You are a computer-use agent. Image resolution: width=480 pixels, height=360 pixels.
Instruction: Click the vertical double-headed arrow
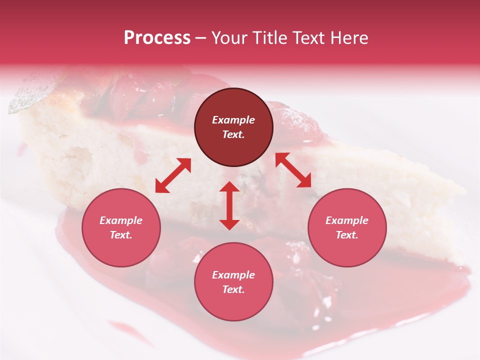[x=229, y=205]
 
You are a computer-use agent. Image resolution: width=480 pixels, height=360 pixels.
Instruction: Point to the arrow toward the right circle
[x=293, y=170]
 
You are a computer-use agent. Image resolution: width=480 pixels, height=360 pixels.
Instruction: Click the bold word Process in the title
[x=157, y=38]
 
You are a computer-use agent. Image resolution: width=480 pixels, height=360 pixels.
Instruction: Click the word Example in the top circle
[x=233, y=120]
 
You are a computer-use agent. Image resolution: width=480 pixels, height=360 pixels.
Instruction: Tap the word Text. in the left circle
[x=121, y=235]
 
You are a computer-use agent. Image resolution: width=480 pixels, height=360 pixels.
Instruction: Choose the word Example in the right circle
[x=347, y=220]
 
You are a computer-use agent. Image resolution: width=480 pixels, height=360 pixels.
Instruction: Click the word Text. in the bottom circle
[x=233, y=289]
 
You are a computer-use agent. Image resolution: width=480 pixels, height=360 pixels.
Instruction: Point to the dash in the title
[x=201, y=38]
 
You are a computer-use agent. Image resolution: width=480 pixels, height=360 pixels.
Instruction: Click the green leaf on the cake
[x=27, y=95]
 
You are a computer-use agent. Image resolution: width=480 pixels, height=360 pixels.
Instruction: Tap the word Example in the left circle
[x=121, y=220]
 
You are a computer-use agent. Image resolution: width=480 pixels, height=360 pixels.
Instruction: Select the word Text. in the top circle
[x=233, y=134]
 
